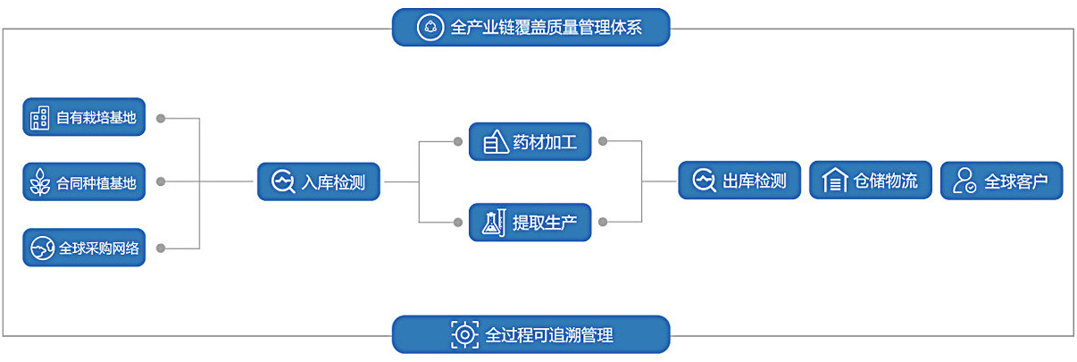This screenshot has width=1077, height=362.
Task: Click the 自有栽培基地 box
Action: click(84, 117)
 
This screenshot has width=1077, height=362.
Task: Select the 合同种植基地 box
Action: click(84, 182)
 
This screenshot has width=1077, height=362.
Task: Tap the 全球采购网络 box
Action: click(84, 248)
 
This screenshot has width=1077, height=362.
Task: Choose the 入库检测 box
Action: click(319, 182)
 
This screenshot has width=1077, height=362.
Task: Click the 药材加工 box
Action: click(530, 141)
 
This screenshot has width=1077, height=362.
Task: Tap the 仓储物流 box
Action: click(870, 181)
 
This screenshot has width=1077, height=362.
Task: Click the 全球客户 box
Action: click(1002, 181)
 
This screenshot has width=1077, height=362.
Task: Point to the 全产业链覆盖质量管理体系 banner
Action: click(530, 28)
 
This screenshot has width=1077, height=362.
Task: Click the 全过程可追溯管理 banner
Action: click(530, 334)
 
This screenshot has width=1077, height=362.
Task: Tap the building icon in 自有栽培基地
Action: click(40, 117)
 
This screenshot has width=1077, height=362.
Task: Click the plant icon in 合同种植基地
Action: click(40, 182)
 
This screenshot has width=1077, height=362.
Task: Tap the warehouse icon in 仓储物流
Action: click(834, 181)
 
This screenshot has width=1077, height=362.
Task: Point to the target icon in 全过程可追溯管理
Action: click(464, 334)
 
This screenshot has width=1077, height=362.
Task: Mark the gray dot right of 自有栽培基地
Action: click(160, 117)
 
